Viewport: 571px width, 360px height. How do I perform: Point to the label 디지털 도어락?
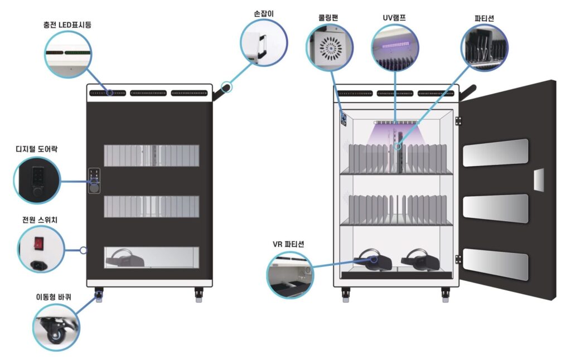(x=36, y=149)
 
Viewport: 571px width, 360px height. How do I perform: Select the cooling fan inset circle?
(x=330, y=48)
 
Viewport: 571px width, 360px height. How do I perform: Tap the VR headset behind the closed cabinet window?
(x=125, y=258)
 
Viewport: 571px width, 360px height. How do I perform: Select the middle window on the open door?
(x=496, y=208)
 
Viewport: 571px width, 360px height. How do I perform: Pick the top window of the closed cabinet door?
(x=151, y=155)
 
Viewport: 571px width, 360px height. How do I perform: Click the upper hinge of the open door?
(x=458, y=120)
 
